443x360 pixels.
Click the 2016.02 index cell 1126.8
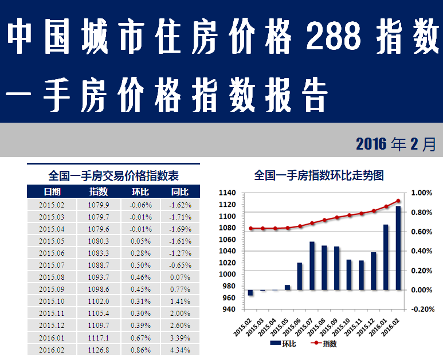(99, 349)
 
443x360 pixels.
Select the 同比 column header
(180, 191)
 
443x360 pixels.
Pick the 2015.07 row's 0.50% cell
(140, 265)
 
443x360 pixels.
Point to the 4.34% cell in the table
(180, 349)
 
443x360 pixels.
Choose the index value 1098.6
(99, 289)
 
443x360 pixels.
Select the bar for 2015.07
(312, 265)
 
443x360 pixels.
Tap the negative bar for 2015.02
(250, 293)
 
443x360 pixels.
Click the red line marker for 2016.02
(398, 201)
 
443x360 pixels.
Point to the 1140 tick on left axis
(228, 193)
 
